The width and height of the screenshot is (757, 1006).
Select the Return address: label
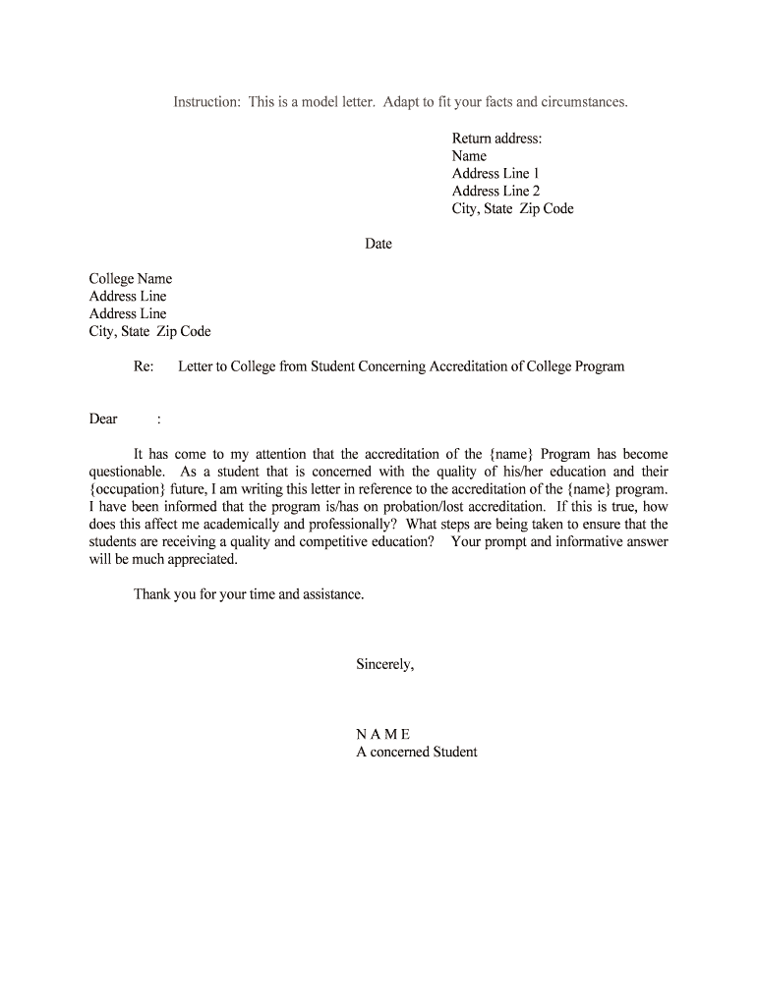pyautogui.click(x=496, y=139)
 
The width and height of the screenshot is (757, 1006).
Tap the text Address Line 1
pyautogui.click(x=495, y=174)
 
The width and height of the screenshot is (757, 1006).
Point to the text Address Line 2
pyautogui.click(x=495, y=192)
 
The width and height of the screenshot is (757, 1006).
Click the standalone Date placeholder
pyautogui.click(x=378, y=244)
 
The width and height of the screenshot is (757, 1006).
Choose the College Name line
pyautogui.click(x=131, y=279)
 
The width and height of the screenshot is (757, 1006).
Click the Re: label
pyautogui.click(x=144, y=366)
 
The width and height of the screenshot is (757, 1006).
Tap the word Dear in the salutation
pyautogui.click(x=103, y=419)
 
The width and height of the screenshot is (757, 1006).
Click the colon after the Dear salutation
pyautogui.click(x=158, y=419)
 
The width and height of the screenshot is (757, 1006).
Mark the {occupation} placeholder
pyautogui.click(x=128, y=489)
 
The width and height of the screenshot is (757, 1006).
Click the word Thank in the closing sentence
pyautogui.click(x=152, y=594)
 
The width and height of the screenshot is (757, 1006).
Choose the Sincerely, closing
pyautogui.click(x=384, y=665)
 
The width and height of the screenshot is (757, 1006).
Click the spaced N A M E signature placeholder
pyautogui.click(x=382, y=735)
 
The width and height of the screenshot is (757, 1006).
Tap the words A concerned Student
pyautogui.click(x=416, y=753)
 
